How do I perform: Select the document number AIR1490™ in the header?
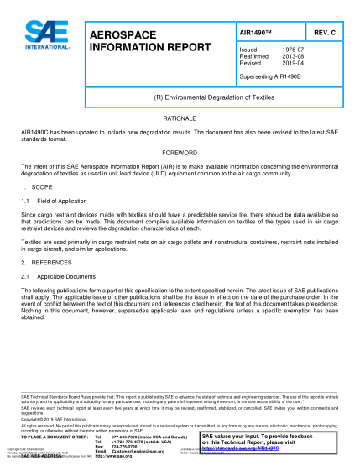tap(255, 32)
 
